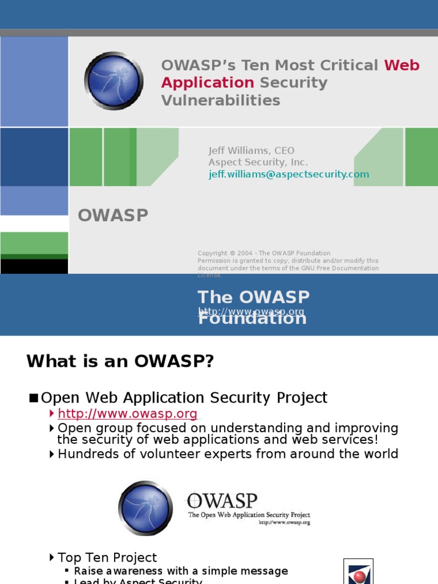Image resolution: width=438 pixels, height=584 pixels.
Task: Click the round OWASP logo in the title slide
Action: (x=114, y=80)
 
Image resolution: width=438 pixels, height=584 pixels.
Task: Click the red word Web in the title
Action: (x=401, y=65)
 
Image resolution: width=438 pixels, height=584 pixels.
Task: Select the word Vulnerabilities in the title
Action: (x=220, y=100)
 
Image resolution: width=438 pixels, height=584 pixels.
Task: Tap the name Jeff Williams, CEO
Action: (x=251, y=151)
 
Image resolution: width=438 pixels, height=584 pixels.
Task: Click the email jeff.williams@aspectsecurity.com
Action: (x=289, y=175)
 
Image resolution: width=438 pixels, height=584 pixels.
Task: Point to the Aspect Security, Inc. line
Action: (x=258, y=163)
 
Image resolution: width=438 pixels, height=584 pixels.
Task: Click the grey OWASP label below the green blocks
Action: (x=113, y=216)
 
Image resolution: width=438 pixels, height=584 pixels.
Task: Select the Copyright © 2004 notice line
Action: (x=263, y=253)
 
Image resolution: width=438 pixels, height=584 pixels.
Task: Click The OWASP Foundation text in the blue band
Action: (x=253, y=298)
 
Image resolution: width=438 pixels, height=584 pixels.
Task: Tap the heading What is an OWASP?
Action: (x=120, y=362)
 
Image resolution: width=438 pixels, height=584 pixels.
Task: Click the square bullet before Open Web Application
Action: (x=33, y=398)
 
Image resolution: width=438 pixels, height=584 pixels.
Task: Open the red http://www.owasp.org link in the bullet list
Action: (x=128, y=414)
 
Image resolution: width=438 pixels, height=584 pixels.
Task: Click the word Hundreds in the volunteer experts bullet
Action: (x=85, y=454)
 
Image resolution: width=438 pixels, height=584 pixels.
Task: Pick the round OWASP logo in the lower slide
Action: (x=145, y=508)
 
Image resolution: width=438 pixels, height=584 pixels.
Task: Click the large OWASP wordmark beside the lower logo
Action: (x=222, y=500)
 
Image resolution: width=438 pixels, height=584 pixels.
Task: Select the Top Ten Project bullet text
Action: (x=107, y=557)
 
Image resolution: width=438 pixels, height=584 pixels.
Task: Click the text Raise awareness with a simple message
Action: (x=181, y=571)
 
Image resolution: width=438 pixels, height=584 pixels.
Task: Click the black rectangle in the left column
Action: (x=34, y=266)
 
